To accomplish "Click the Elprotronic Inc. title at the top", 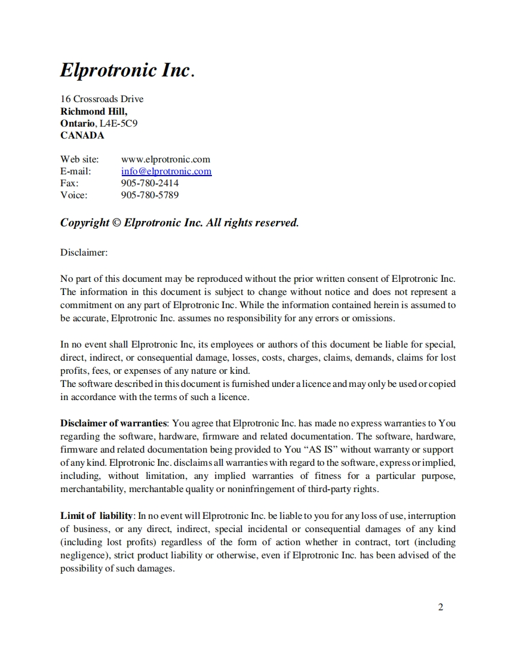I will coord(127,70).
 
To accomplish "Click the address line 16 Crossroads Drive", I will coord(101,99).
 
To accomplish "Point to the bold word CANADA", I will coord(82,135).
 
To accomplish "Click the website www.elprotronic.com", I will coord(165,159).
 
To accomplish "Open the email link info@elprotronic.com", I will coord(166,171).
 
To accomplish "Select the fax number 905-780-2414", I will coord(150,183).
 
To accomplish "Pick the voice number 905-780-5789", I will coord(150,195).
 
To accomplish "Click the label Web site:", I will coord(79,159).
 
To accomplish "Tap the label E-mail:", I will coord(76,171).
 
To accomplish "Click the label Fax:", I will coord(69,183).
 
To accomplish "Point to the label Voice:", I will coord(73,195).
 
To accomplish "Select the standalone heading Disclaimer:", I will coord(84,253).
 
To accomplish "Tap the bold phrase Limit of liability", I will coord(98,515).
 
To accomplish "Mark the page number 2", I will coord(441,608).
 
